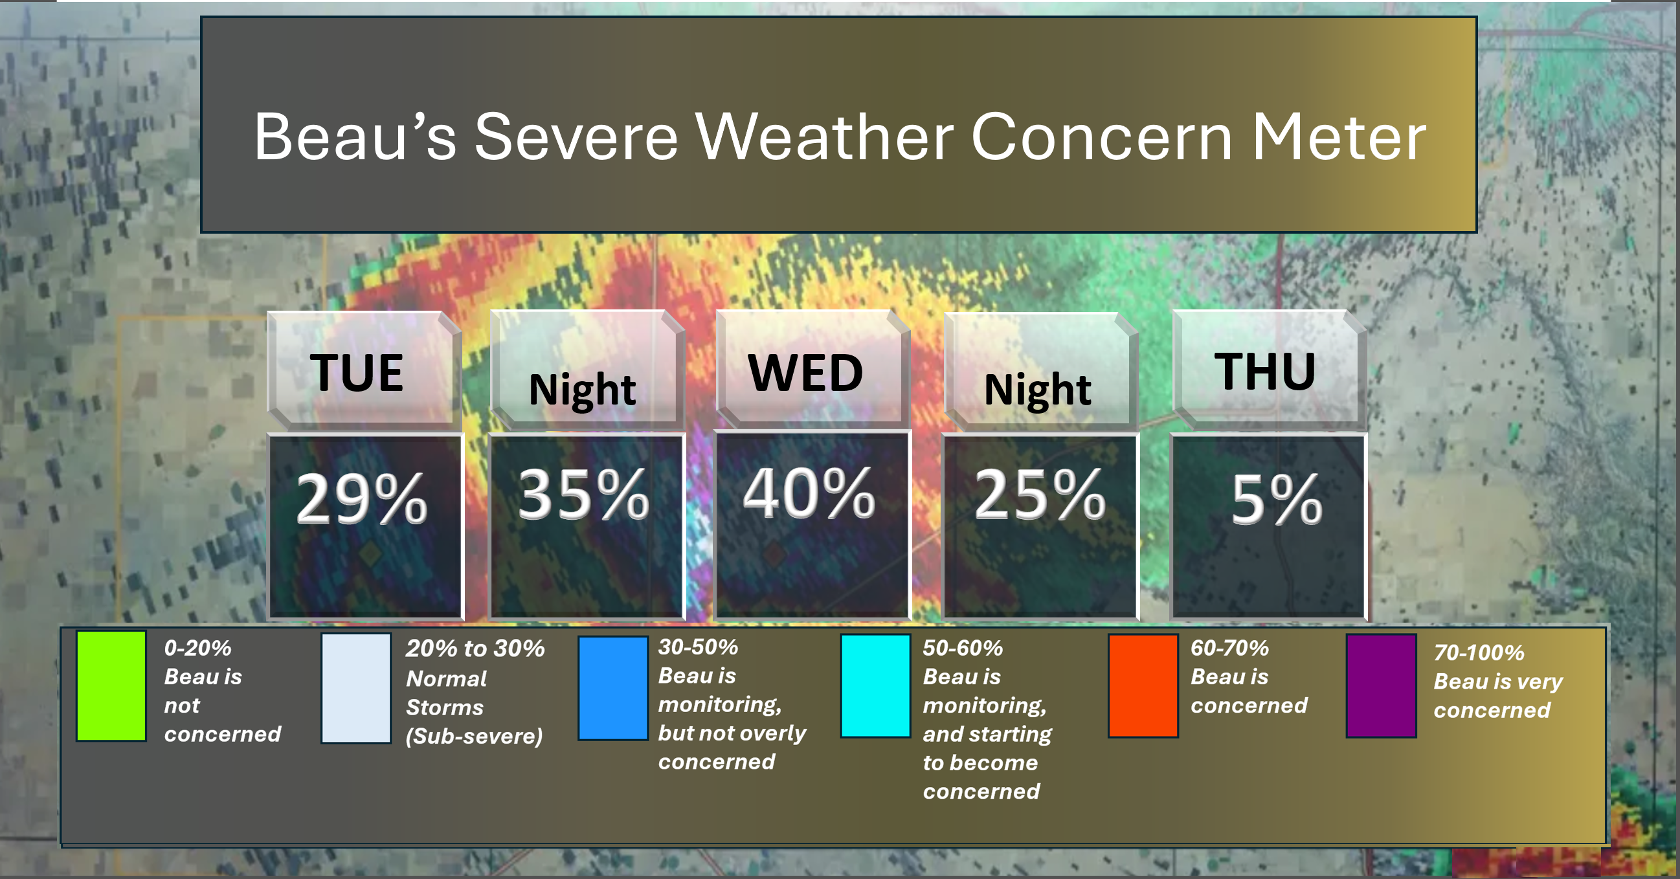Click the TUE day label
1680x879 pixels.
click(x=356, y=372)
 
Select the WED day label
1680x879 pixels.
click(x=805, y=373)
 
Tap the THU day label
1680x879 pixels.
click(x=1264, y=372)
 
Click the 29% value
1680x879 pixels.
click(x=361, y=499)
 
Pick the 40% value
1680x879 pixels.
click(x=809, y=493)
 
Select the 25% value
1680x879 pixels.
click(x=1040, y=495)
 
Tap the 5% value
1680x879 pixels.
click(x=1276, y=499)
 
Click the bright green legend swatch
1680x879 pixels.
click(x=111, y=685)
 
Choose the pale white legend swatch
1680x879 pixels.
click(x=356, y=688)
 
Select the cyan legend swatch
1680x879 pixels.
click(x=875, y=685)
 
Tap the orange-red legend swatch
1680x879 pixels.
click(x=1143, y=685)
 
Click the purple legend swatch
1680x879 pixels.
click(x=1382, y=685)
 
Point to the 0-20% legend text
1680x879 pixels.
click(x=197, y=648)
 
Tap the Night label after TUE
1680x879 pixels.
click(x=583, y=390)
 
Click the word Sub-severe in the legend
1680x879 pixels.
click(x=474, y=736)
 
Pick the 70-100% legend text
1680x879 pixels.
click(x=1479, y=652)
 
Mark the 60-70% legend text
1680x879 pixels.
click(x=1229, y=648)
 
